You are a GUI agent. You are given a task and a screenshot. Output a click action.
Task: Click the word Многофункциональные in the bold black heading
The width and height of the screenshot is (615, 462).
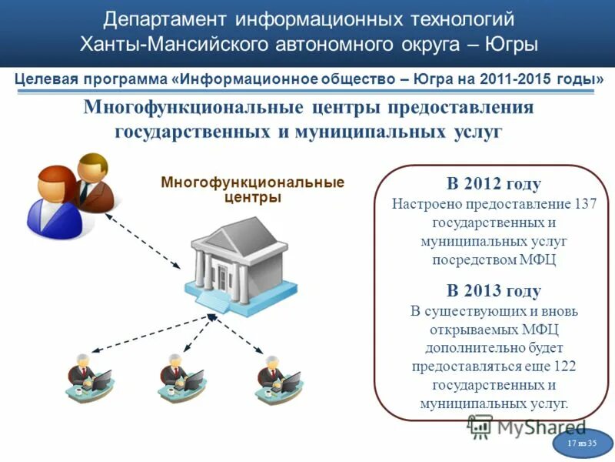184,106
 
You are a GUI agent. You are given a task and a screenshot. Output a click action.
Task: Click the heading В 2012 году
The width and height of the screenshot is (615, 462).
494,184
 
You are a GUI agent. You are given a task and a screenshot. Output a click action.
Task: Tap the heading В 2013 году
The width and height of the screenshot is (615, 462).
494,291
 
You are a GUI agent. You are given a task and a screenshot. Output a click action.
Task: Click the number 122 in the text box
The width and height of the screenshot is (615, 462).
564,367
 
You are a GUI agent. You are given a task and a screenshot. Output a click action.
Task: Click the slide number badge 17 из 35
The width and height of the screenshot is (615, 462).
582,444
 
